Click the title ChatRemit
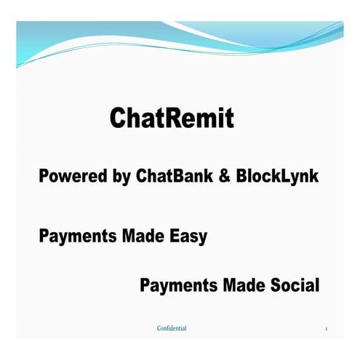click(172, 118)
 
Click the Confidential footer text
click(172, 329)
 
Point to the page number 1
click(327, 329)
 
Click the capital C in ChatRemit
click(119, 118)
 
